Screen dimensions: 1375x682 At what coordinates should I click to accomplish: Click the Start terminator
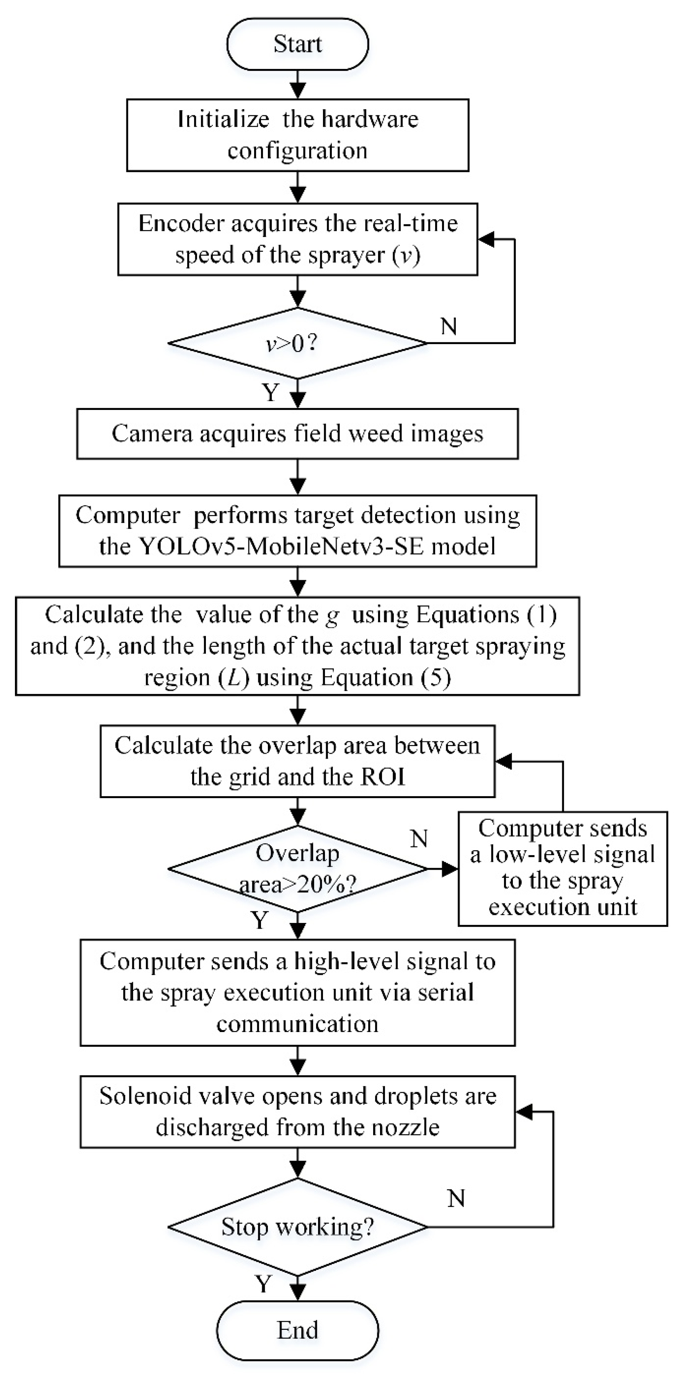click(x=297, y=44)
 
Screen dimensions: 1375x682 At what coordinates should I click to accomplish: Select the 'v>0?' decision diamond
click(x=297, y=343)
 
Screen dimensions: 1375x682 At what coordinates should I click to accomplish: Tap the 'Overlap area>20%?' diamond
click(x=297, y=869)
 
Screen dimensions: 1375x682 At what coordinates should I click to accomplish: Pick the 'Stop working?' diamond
click(x=297, y=1227)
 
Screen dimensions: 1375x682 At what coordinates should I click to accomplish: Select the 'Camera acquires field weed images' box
click(x=297, y=433)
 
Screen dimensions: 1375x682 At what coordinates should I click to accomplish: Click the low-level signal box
click(x=563, y=869)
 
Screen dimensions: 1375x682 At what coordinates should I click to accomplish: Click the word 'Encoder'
click(x=181, y=223)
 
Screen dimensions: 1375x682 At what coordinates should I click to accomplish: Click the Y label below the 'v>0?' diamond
click(x=271, y=393)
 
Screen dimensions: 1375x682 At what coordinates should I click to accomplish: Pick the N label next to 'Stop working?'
click(x=456, y=1199)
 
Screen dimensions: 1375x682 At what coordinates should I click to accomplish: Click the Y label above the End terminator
click(x=263, y=1284)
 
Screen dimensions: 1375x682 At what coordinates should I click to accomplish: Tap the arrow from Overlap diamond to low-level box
click(x=442, y=869)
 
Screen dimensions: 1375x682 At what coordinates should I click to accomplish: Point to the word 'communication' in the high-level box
click(x=297, y=1024)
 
